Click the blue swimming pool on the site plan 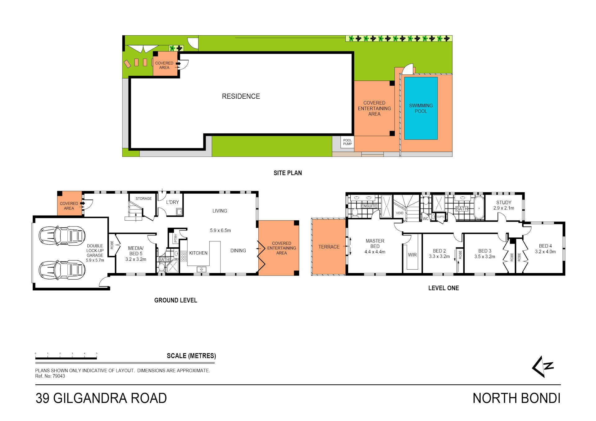coord(421,108)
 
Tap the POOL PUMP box coord(347,142)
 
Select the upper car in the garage coord(62,236)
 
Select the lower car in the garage coord(62,270)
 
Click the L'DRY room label coord(172,202)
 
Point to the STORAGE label coord(143,199)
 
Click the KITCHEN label coord(198,253)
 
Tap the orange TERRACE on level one coord(329,247)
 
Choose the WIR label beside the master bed coord(412,255)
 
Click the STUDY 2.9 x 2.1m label coord(503,205)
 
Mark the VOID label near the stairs coord(399,213)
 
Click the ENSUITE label coord(369,206)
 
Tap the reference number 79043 coord(59,376)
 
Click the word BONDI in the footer coord(540,398)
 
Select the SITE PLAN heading coord(288,173)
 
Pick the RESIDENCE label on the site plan coord(241,96)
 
